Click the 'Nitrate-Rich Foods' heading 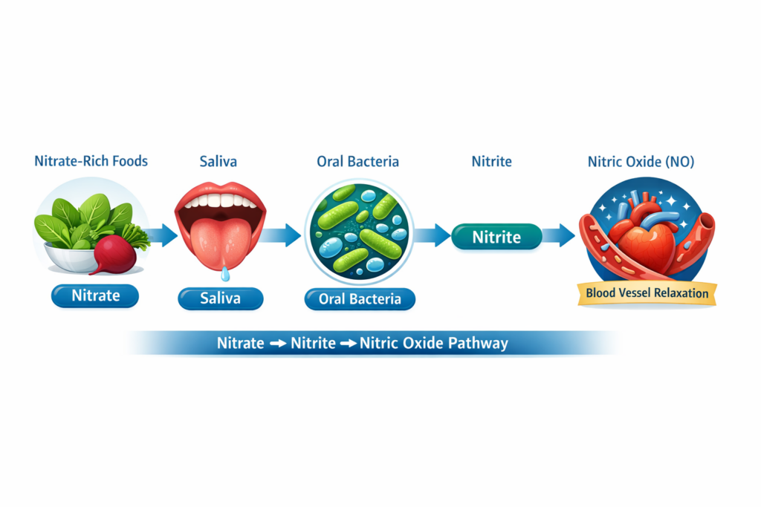(91, 161)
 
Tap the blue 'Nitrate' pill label (95, 295)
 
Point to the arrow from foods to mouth (161, 236)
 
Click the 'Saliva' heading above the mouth (219, 161)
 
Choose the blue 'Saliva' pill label (220, 299)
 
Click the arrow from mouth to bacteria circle (282, 236)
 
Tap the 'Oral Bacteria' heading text (357, 161)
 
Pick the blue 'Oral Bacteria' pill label (360, 299)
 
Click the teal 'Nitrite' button (496, 237)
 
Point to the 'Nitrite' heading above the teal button (491, 161)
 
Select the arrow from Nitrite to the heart (558, 236)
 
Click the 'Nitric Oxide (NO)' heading (641, 161)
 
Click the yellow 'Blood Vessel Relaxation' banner (647, 292)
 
